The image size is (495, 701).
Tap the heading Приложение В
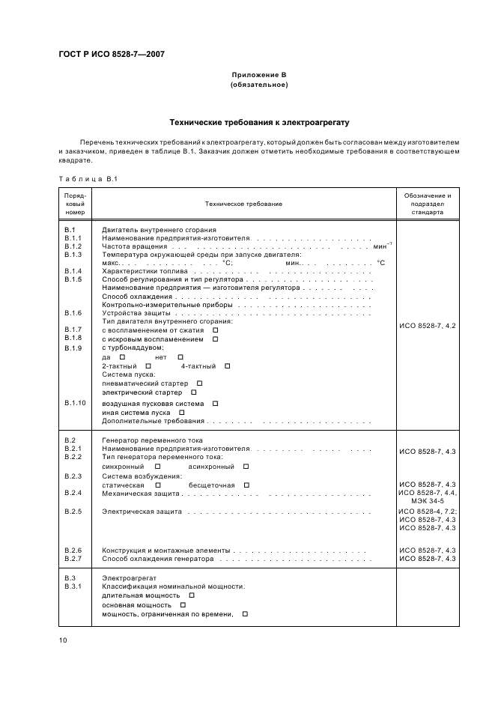(258, 76)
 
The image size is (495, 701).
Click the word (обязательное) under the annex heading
(258, 85)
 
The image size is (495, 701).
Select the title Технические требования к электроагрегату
(258, 121)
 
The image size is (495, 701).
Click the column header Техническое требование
(243, 204)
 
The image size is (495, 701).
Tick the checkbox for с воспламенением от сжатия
(215, 330)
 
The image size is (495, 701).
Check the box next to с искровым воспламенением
(215, 339)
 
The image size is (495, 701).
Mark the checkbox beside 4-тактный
(228, 366)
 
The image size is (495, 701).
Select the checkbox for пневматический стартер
(199, 383)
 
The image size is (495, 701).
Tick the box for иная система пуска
(182, 413)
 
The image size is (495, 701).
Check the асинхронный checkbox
(246, 466)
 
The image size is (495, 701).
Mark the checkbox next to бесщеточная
(246, 485)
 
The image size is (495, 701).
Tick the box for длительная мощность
(192, 595)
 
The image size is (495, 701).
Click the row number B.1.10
(76, 404)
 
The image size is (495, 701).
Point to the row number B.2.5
(73, 512)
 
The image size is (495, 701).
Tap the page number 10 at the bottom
(63, 640)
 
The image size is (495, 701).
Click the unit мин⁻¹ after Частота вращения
(381, 246)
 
